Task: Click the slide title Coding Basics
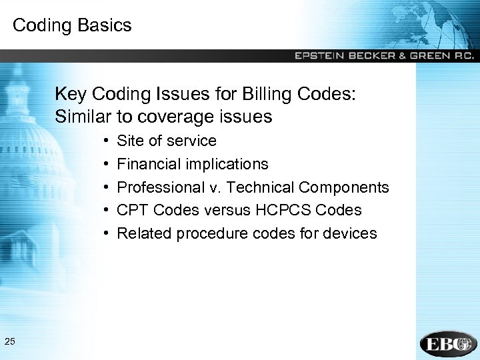point(72,26)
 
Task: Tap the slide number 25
point(10,342)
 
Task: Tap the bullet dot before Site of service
point(107,141)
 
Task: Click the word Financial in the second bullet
point(145,164)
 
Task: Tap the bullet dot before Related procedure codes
point(107,233)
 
